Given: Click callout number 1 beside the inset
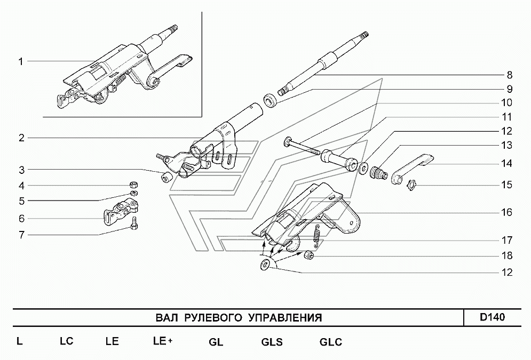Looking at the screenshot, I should coord(20,62).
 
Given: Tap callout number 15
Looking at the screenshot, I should coord(506,186).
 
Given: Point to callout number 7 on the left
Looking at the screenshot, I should coord(21,234).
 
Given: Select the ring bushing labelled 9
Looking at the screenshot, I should coord(271,100).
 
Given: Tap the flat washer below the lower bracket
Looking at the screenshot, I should coord(264,265).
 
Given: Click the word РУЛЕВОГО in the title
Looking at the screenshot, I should coord(213,318).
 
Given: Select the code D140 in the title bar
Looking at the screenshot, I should coord(492,318).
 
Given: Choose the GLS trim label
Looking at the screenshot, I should coord(272,342).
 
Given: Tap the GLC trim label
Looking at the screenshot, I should coord(330,342).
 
